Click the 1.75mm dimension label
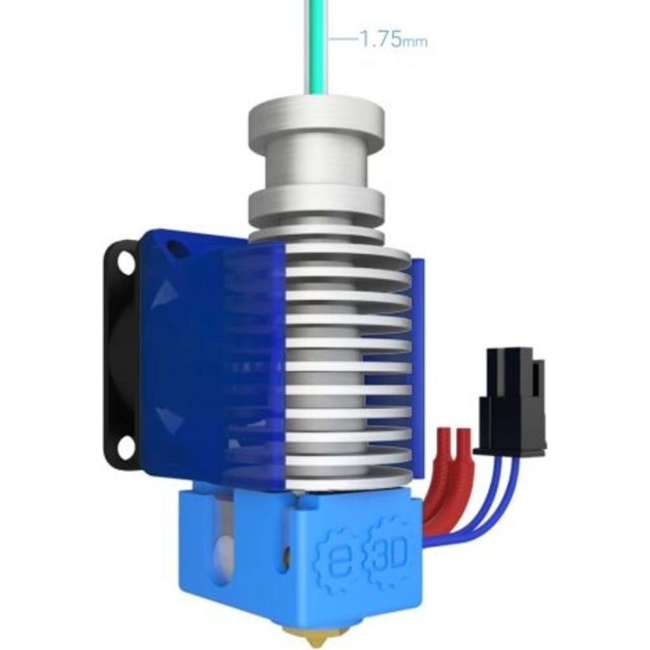[393, 40]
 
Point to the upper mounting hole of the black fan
[126, 263]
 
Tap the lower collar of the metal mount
[315, 208]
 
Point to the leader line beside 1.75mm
[343, 39]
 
